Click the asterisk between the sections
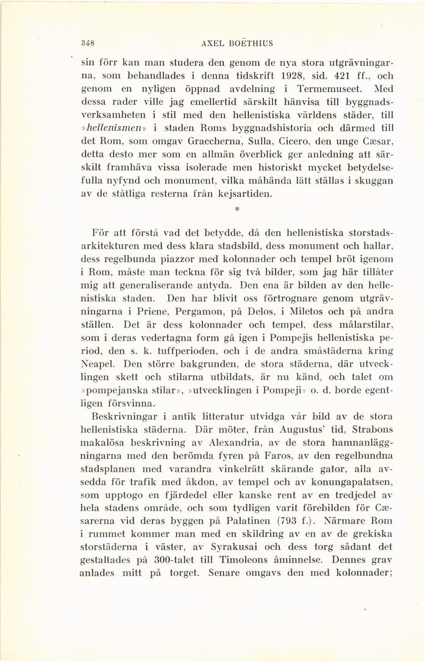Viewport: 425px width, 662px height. tap(235, 209)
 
